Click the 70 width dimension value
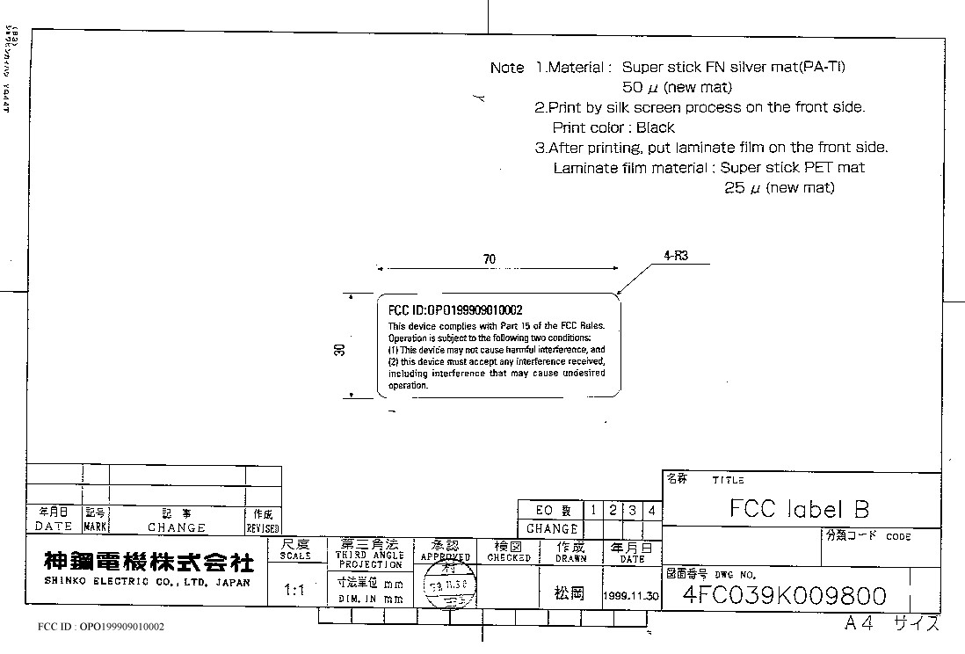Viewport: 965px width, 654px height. (x=490, y=259)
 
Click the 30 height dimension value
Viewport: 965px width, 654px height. (x=340, y=348)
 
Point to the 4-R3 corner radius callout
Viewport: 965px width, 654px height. (x=676, y=257)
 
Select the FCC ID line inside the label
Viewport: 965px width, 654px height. (x=455, y=310)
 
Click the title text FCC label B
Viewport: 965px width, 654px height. (x=799, y=509)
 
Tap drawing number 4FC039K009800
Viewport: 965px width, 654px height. (x=785, y=597)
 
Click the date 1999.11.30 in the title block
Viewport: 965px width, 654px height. (x=631, y=595)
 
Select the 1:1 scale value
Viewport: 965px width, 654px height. (x=295, y=591)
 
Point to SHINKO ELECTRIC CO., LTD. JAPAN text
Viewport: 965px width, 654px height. (x=147, y=583)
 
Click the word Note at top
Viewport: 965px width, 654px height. (x=507, y=68)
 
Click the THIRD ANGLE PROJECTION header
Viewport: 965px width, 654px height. (x=370, y=554)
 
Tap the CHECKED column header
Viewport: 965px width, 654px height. (x=509, y=552)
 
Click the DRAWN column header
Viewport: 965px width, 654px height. (x=570, y=552)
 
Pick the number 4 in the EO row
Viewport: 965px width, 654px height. (x=651, y=510)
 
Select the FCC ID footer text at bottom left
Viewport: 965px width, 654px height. (x=101, y=627)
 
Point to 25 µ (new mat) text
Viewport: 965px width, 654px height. (x=779, y=188)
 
